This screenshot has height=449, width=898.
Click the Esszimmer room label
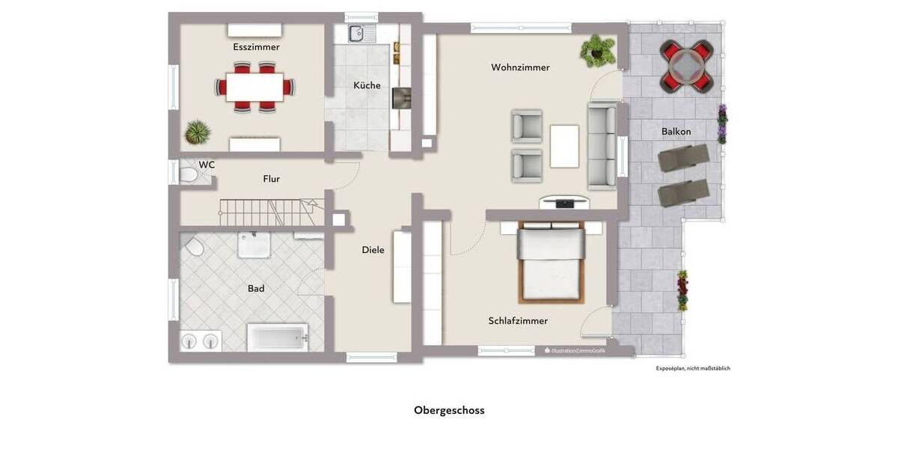[x=256, y=47]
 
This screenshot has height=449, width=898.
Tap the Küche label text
[x=367, y=85]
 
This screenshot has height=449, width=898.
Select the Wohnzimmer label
[x=520, y=67]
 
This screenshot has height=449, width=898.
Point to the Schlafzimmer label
[x=518, y=321]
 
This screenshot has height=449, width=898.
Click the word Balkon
[x=676, y=132]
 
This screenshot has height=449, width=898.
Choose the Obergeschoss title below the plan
[x=449, y=410]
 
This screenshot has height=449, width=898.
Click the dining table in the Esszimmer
[x=254, y=86]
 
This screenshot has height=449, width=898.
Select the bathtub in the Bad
[x=278, y=337]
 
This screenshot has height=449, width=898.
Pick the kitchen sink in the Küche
[x=356, y=33]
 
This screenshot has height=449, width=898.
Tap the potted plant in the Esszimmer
[x=198, y=132]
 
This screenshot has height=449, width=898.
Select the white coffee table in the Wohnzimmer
[x=564, y=146]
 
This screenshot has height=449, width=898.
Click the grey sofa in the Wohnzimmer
[x=602, y=146]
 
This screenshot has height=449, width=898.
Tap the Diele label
[x=373, y=250]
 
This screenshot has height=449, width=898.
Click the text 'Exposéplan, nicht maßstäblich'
[x=692, y=368]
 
